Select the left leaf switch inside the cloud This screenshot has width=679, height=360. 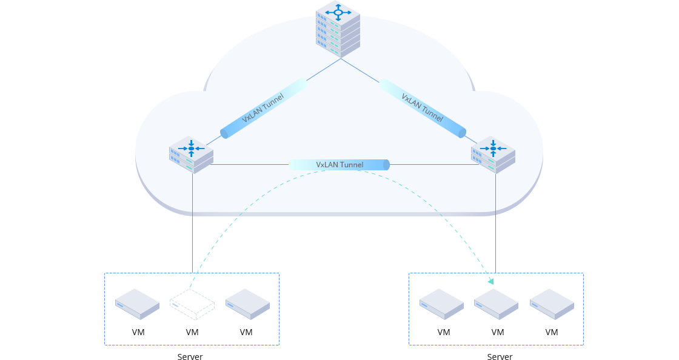pyautogui.click(x=191, y=155)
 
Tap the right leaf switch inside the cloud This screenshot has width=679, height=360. pyautogui.click(x=493, y=155)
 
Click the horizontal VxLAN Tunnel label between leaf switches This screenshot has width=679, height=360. pyautogui.click(x=339, y=165)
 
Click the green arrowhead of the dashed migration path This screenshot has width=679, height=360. pyautogui.click(x=490, y=281)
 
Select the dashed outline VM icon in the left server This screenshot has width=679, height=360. pyautogui.click(x=192, y=304)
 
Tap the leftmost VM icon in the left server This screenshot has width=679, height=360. pyautogui.click(x=138, y=304)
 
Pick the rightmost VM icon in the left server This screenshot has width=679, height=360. pyautogui.click(x=247, y=304)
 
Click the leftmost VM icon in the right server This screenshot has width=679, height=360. pyautogui.click(x=442, y=304)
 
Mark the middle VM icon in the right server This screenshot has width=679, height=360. pyautogui.click(x=496, y=304)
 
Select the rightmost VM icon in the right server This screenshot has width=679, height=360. pyautogui.click(x=552, y=304)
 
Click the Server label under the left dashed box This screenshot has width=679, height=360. pyautogui.click(x=190, y=357)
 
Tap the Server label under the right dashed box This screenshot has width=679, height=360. pyautogui.click(x=500, y=357)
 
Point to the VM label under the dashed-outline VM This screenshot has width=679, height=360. pyautogui.click(x=192, y=332)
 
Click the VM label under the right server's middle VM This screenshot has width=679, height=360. pyautogui.click(x=498, y=332)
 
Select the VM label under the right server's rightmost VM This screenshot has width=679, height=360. pyautogui.click(x=552, y=332)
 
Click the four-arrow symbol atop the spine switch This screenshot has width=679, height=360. pyautogui.click(x=338, y=12)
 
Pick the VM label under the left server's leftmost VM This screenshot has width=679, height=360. pyautogui.click(x=138, y=332)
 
